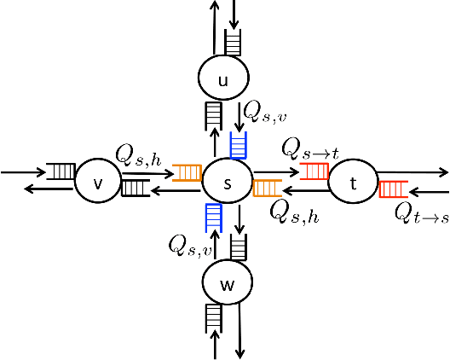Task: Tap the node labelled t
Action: click(353, 182)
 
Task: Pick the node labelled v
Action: click(97, 181)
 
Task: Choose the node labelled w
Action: click(227, 285)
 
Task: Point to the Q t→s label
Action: click(421, 213)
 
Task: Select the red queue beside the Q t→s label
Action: click(393, 189)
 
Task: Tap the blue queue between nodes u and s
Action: click(239, 145)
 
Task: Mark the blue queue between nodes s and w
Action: click(214, 218)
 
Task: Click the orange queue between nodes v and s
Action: click(186, 173)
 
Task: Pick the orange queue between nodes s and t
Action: click(268, 189)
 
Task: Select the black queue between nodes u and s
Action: click(214, 113)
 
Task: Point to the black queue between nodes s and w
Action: click(239, 247)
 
